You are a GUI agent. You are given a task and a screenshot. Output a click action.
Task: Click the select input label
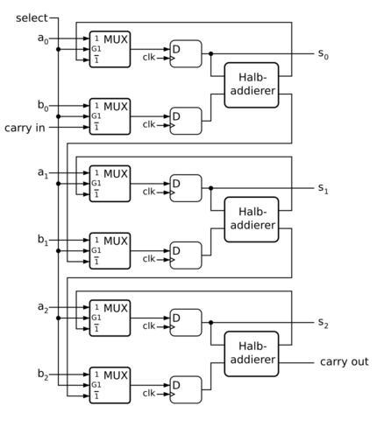click(32, 18)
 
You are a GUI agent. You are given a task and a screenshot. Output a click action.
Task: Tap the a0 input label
click(43, 38)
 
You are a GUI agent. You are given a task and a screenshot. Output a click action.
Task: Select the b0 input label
click(43, 106)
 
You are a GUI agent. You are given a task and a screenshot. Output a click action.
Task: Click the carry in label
click(25, 128)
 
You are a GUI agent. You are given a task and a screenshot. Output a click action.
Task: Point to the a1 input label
click(43, 173)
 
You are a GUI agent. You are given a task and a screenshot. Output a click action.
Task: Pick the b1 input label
click(43, 240)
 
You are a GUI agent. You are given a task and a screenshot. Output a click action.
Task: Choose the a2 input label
click(43, 307)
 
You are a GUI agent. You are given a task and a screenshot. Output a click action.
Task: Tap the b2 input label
click(43, 374)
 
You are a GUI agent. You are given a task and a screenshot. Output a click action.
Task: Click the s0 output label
click(324, 54)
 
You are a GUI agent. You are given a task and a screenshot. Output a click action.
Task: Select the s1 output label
click(324, 188)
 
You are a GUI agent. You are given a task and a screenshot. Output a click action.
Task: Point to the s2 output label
click(324, 323)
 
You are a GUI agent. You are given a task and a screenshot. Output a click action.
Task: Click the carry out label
click(345, 361)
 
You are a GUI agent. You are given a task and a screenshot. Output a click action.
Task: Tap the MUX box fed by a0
click(110, 49)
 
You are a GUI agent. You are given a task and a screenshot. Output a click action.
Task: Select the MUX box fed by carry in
click(110, 116)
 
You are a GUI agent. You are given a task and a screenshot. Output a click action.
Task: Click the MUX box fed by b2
click(110, 385)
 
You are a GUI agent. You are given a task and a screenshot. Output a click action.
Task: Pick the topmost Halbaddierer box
click(252, 85)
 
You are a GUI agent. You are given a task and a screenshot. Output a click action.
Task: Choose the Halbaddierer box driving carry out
click(252, 353)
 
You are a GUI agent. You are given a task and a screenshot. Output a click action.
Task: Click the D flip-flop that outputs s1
click(186, 188)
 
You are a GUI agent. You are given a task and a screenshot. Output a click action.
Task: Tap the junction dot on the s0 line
click(211, 53)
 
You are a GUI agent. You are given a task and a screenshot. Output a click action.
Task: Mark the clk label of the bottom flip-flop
click(149, 393)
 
